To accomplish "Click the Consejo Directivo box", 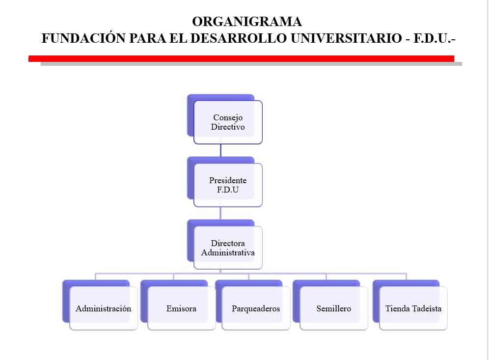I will [x=228, y=122].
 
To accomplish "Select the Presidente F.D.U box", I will [x=228, y=185].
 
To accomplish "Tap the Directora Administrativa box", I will [x=228, y=248].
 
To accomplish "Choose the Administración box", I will [x=104, y=308].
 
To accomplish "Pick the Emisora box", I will [x=181, y=308].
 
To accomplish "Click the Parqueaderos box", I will [x=256, y=308].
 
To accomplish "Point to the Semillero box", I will [x=333, y=308].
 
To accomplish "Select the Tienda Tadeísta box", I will [x=413, y=308].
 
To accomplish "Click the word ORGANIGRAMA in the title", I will [x=247, y=22].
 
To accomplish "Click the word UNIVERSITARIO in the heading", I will [x=346, y=39].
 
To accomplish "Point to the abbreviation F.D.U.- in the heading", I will [x=435, y=39].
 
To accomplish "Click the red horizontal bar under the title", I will [x=241, y=58].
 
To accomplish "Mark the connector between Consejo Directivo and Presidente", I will [x=220, y=150].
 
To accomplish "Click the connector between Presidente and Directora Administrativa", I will [x=220, y=213].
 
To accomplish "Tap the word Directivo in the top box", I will [x=228, y=127].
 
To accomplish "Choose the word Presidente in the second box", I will [x=228, y=180].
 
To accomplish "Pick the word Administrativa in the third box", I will [x=228, y=253].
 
